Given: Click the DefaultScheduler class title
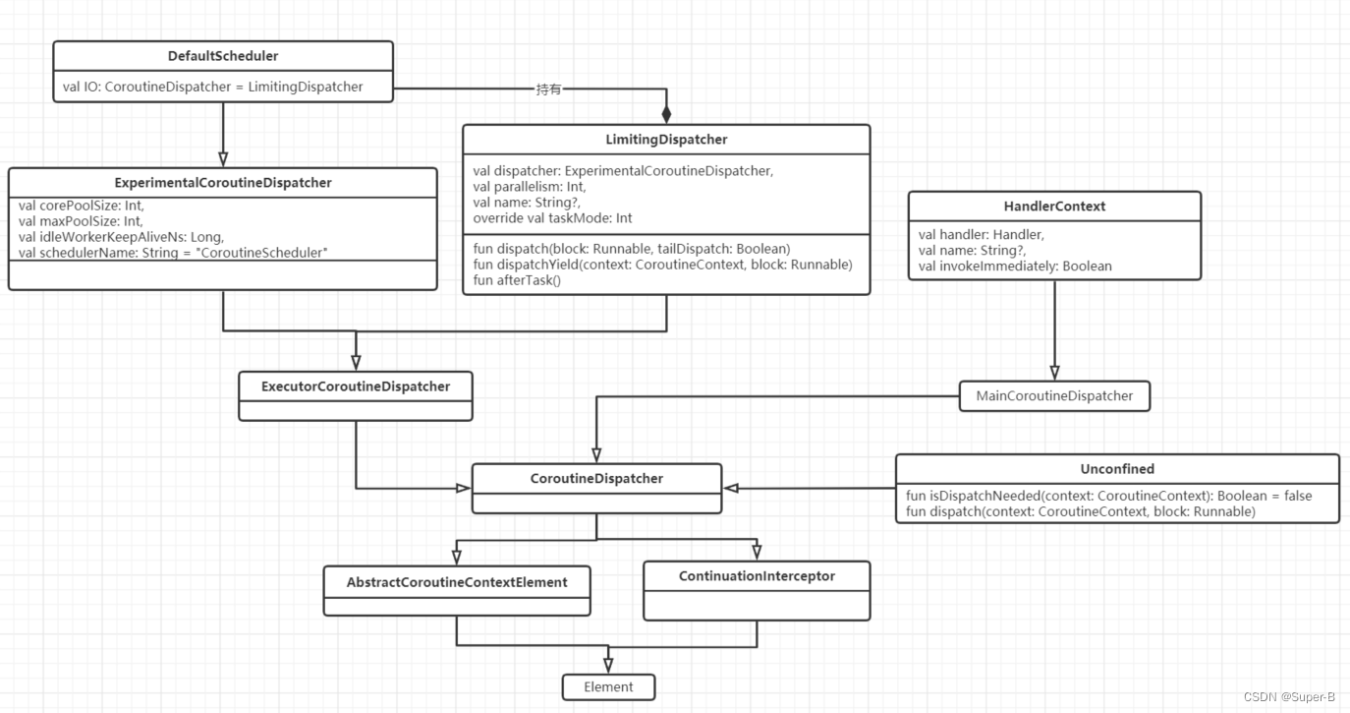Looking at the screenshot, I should tap(223, 56).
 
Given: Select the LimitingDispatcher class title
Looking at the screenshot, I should tap(666, 140).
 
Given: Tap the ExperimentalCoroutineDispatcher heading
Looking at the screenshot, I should tap(223, 183).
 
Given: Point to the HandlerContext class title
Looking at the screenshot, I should tap(1054, 207).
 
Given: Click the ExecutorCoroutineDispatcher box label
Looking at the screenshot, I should tap(356, 386).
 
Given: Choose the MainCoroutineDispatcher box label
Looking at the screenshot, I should tap(1054, 396).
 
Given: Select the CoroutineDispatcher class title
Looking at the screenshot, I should tap(596, 479).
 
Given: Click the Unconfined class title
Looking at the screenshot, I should tap(1117, 469).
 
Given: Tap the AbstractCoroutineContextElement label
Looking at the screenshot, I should tap(457, 582).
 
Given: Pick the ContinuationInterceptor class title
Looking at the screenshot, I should tap(757, 576).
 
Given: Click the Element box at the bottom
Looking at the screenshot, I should tap(608, 686).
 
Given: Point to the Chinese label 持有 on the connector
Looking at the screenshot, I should tap(550, 89).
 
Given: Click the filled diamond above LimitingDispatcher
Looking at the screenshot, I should tap(666, 115).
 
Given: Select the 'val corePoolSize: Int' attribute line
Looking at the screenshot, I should tap(81, 207).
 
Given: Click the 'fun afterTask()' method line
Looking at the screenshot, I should tap(516, 280).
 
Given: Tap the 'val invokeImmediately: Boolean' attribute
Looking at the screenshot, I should tap(1015, 266).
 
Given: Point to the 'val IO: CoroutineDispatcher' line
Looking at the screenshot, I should tap(212, 87).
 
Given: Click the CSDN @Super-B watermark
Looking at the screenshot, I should tap(1289, 697).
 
